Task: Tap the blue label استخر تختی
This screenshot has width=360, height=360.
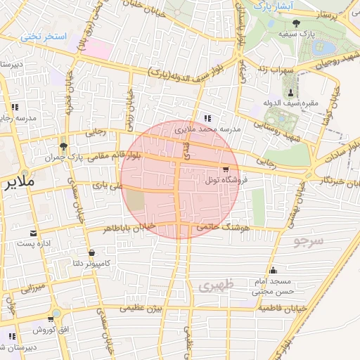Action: (44, 35)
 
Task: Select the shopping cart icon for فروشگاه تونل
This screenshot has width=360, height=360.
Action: (225, 169)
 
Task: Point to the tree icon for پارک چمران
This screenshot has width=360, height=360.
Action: (64, 147)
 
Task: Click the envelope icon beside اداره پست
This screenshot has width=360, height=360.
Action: (33, 233)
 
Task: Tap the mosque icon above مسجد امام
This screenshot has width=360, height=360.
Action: (273, 271)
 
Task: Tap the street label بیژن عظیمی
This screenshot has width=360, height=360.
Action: (141, 308)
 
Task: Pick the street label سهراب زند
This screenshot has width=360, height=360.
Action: (274, 67)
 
